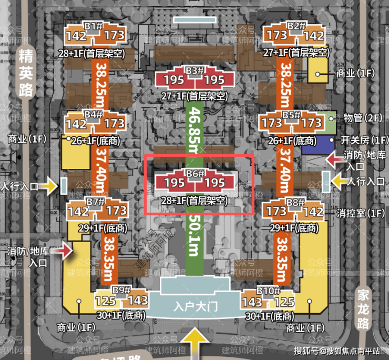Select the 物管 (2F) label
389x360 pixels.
tap(362, 118)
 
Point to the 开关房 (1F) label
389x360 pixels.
tap(364, 141)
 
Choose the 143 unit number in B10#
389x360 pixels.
tap(252, 302)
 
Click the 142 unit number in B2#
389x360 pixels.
tap(314, 36)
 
